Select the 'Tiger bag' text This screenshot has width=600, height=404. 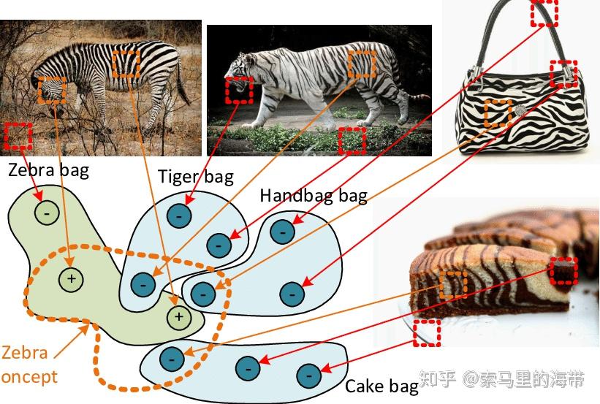(196, 178)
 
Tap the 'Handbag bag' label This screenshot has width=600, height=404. (314, 196)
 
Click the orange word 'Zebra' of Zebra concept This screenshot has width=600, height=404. (24, 353)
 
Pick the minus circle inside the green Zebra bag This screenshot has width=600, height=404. (47, 213)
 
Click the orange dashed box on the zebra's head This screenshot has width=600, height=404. (51, 91)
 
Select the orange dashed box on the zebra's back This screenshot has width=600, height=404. (126, 64)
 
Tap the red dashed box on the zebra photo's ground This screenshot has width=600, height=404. (18, 136)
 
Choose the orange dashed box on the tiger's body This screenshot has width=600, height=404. (360, 64)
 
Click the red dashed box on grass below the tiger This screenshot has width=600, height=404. (352, 140)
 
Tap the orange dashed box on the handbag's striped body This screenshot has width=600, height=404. (498, 113)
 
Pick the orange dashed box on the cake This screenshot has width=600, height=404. (453, 284)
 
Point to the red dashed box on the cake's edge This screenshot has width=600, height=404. (564, 270)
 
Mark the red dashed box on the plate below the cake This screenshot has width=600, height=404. (427, 332)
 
